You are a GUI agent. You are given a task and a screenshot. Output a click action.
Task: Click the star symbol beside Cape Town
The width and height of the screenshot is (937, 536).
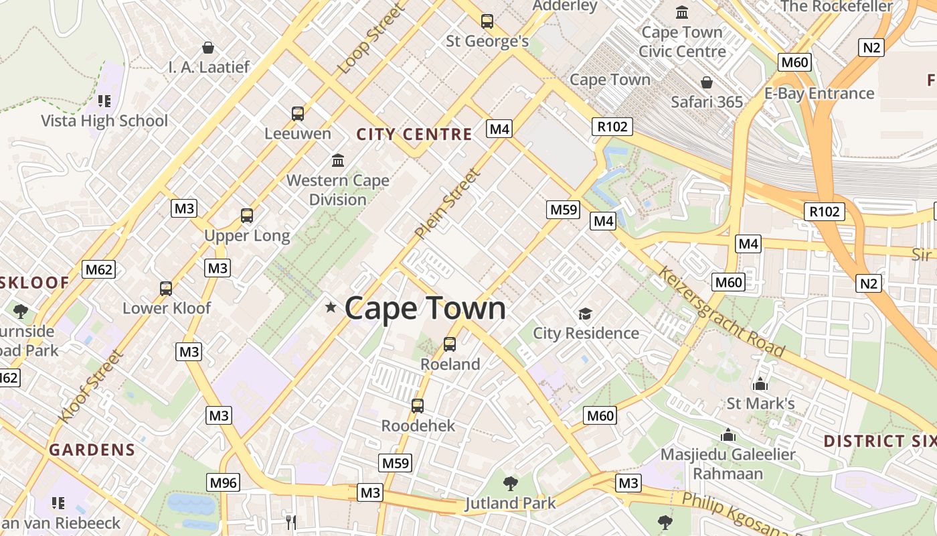[331, 308]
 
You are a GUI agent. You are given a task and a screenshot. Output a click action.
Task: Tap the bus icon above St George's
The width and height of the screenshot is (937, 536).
[487, 21]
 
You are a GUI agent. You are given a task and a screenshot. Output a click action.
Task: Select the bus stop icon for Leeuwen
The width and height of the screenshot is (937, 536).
[298, 114]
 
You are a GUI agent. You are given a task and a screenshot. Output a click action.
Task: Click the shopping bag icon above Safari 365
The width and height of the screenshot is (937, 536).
[707, 82]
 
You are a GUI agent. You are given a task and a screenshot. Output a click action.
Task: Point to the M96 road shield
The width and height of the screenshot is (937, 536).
[224, 482]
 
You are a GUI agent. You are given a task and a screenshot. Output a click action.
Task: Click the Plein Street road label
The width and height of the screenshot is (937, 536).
[447, 204]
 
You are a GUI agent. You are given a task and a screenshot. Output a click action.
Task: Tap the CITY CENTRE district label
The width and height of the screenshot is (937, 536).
[414, 135]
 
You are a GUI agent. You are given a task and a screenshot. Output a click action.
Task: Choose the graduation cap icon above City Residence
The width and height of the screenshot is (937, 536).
[586, 314]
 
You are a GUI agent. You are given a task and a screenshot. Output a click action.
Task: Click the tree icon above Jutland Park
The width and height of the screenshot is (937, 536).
[511, 483]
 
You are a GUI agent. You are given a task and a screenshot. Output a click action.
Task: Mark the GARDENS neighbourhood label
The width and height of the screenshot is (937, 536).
[92, 450]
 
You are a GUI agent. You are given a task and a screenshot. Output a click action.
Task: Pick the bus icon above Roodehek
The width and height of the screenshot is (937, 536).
[418, 406]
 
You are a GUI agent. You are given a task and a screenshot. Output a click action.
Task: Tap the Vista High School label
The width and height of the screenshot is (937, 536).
[104, 121]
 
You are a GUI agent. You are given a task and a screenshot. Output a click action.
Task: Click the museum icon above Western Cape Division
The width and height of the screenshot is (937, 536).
[338, 161]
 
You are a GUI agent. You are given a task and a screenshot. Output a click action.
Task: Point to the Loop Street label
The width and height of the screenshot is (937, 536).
[371, 40]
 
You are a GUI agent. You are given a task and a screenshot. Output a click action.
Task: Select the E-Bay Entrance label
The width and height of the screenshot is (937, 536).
[819, 94]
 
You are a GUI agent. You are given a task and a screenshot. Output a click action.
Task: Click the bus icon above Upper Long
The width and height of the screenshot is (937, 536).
[247, 216]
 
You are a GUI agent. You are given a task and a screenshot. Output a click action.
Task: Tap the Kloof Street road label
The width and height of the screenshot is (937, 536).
[91, 387]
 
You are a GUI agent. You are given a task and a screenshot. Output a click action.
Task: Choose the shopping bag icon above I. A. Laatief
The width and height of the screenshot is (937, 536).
[208, 48]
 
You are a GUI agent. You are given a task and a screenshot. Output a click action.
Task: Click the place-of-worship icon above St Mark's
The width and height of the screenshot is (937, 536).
[760, 385]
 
